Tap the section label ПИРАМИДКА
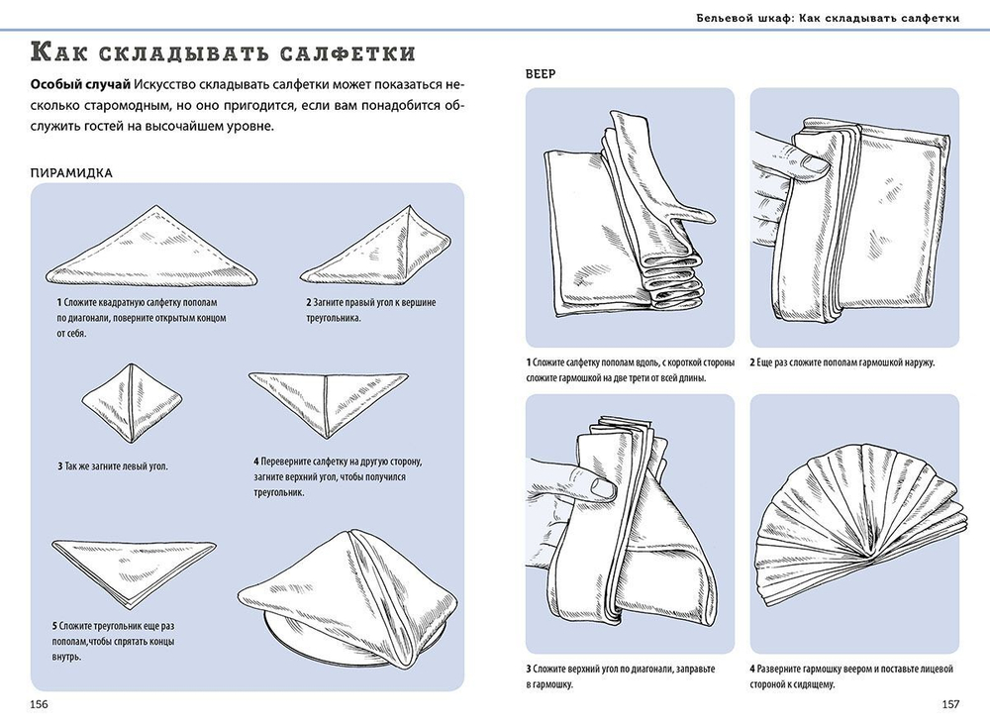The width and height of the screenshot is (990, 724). coord(71,173)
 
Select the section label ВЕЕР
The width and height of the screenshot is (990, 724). coord(541,74)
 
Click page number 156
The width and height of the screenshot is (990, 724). coord(40,704)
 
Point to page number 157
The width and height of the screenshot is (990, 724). coord(950,704)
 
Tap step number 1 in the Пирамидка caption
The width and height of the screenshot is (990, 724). coord(59,303)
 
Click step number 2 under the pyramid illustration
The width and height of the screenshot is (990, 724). coord(309,303)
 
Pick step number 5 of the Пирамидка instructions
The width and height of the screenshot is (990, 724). coord(54,626)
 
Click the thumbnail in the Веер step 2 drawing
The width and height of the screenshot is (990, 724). coord(817,164)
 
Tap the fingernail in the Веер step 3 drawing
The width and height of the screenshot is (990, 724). coord(602,487)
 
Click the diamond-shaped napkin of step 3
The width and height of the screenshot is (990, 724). coord(132,402)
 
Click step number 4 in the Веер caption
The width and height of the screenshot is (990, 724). coord(752,670)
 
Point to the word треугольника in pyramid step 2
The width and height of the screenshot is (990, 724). coord(334,318)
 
